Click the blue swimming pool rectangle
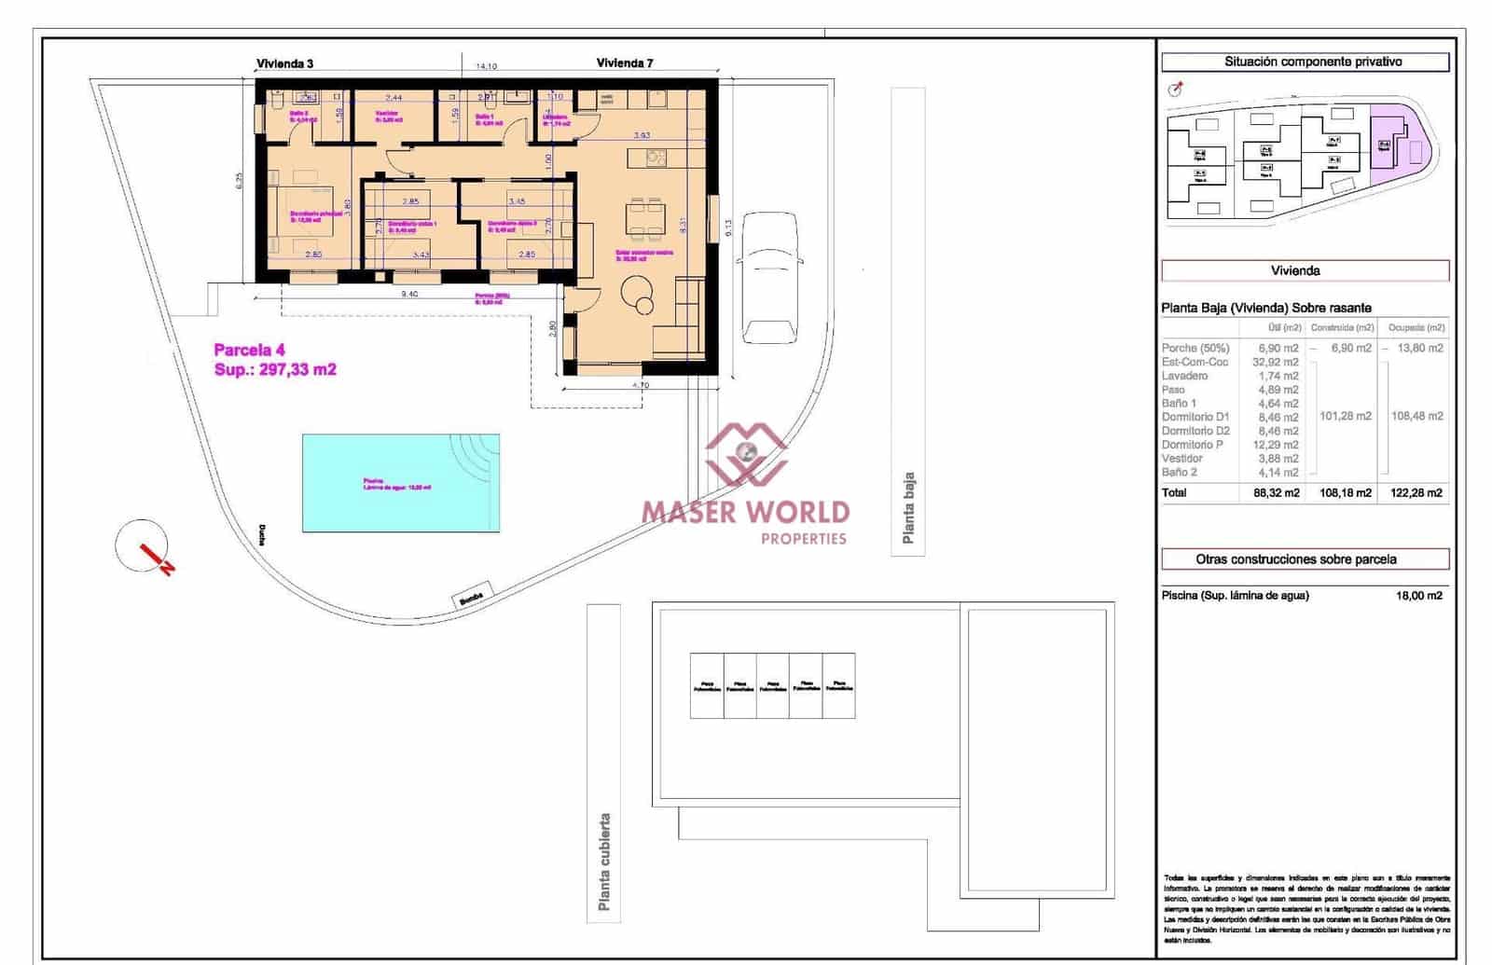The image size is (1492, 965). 400,482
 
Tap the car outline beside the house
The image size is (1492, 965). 769,278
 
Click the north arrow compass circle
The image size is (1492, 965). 142,545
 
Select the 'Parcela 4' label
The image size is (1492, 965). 249,350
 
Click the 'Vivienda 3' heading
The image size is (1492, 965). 284,63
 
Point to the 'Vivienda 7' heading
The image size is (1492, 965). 625,63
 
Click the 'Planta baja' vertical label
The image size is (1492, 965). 908,508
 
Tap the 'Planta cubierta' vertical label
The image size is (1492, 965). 604,862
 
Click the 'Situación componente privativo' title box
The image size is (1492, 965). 1305,62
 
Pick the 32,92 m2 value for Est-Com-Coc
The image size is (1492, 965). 1277,362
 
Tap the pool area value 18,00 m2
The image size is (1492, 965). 1418,595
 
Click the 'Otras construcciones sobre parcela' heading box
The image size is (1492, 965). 1305,559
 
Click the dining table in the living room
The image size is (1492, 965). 645,217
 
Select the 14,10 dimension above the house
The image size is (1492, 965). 486,66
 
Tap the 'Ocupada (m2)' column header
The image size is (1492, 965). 1416,327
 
